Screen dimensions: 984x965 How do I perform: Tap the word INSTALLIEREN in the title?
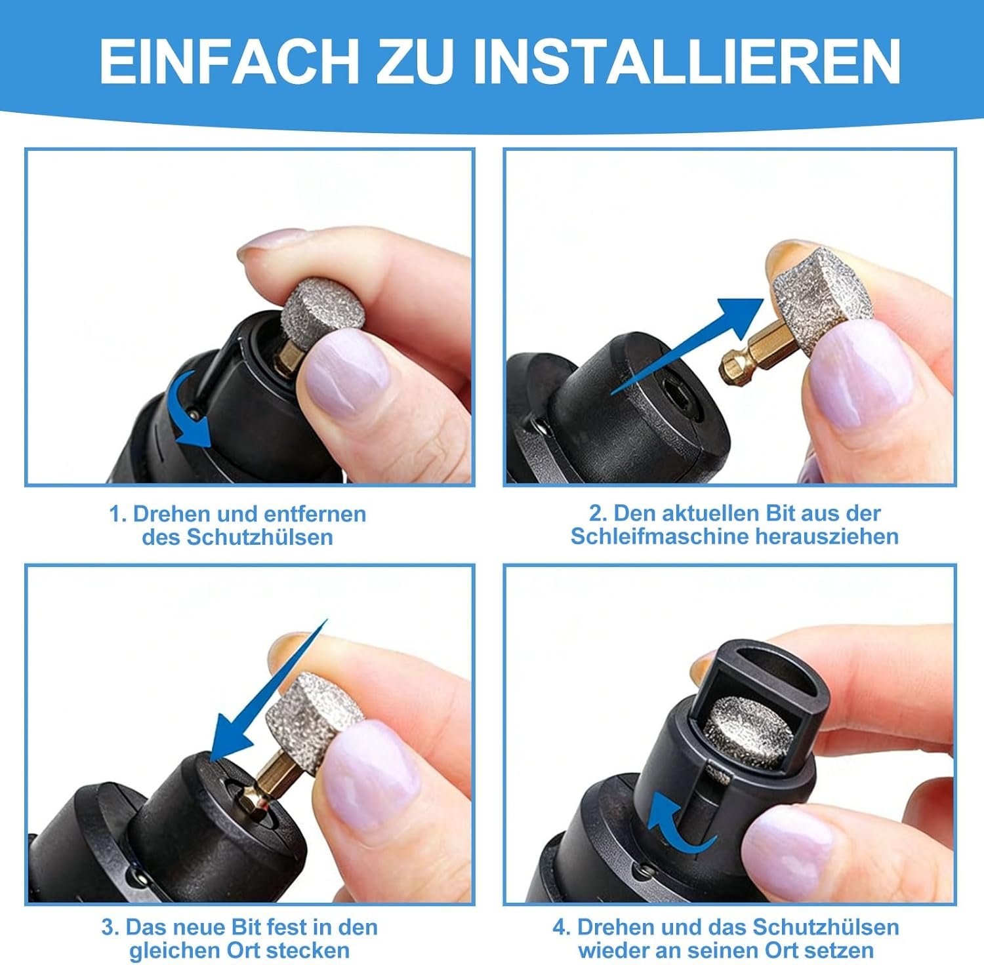[686, 61]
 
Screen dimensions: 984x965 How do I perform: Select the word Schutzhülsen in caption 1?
[260, 537]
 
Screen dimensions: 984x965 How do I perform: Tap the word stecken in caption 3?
[307, 950]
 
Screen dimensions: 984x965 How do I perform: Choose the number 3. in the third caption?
[110, 927]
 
